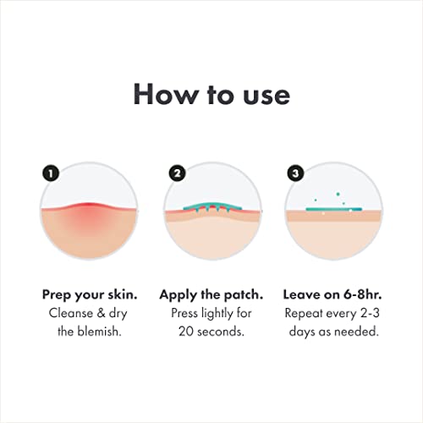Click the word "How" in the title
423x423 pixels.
click(x=161, y=95)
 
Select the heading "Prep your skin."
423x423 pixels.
click(x=90, y=295)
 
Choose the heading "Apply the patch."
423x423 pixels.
click(x=211, y=295)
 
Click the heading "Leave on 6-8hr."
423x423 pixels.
click(x=332, y=295)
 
